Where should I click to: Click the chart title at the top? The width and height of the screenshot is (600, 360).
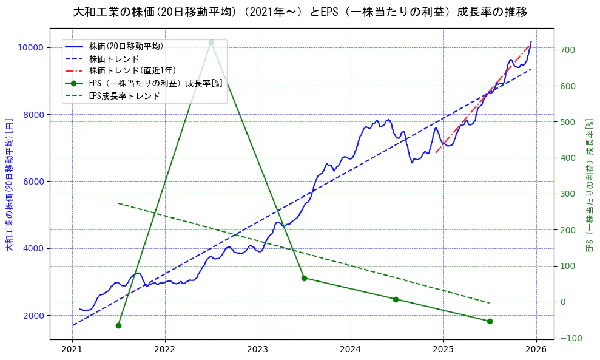(x=300, y=12)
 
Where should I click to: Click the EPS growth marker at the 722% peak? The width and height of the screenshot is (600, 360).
(x=211, y=42)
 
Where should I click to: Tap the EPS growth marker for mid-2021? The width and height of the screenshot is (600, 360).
(x=118, y=325)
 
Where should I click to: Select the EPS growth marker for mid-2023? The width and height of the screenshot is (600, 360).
(x=304, y=278)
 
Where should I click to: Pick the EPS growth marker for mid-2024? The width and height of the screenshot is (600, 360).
(x=396, y=299)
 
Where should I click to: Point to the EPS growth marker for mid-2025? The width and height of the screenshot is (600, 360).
(x=490, y=321)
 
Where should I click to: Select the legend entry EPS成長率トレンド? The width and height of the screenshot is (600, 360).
(x=124, y=96)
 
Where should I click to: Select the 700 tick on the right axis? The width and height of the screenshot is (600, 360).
(x=568, y=50)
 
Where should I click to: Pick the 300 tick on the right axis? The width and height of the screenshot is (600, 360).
(x=568, y=194)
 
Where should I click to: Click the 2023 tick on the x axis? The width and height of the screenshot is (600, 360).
(x=258, y=349)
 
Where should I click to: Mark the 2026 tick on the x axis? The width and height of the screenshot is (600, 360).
(x=536, y=349)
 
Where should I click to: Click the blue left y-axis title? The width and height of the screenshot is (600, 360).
(x=9, y=185)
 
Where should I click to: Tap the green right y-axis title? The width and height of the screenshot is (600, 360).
(x=589, y=185)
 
